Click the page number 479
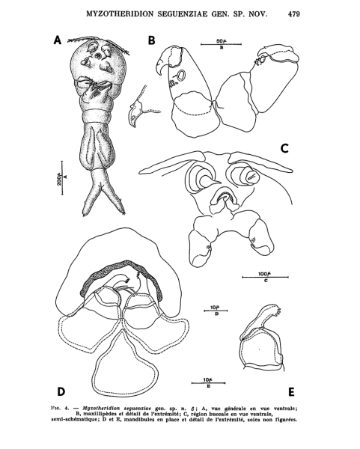pos(294,14)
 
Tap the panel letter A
pos(58,40)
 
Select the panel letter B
pos(151,40)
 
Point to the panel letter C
pos(284,148)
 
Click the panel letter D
pos(61,391)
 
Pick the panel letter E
pos(291,391)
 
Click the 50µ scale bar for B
pos(221,44)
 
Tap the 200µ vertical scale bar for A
pos(62,178)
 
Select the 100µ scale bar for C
pos(265,277)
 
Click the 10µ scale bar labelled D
pos(216,311)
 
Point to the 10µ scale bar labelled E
pos(208,383)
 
